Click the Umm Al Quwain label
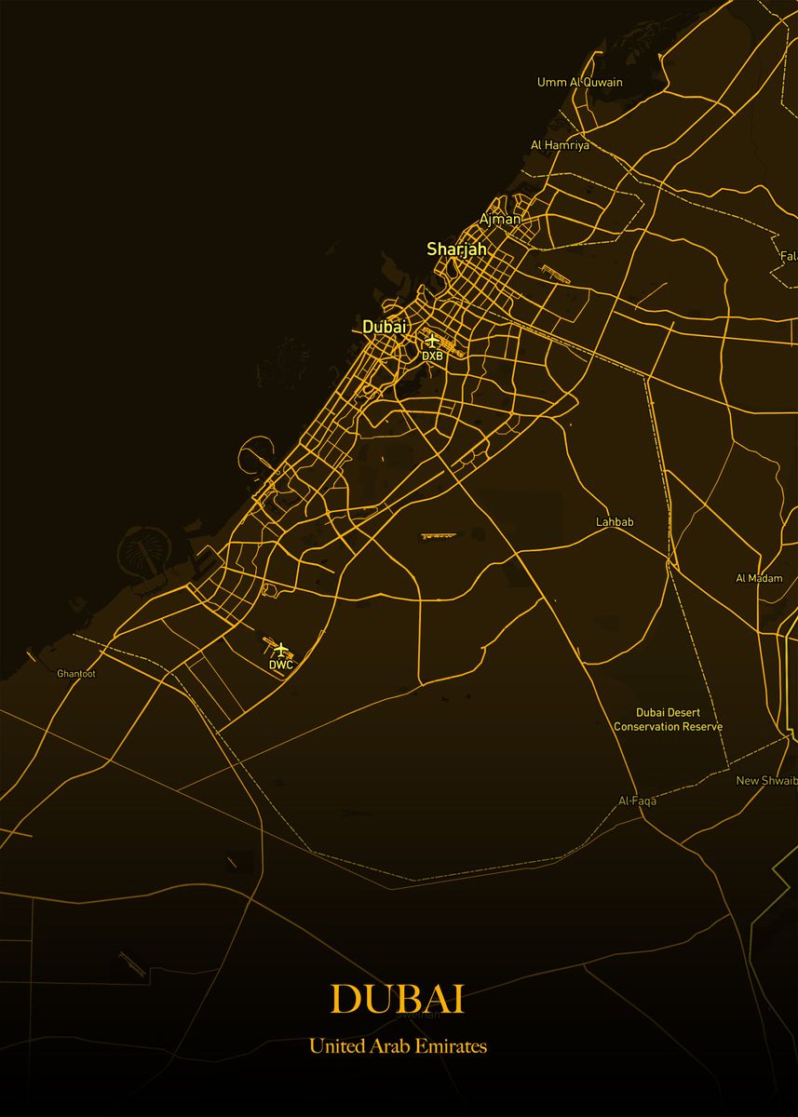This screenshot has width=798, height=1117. coord(579,82)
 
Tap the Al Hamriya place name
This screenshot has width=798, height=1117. coord(560,145)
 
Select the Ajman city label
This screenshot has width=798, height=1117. coord(499,219)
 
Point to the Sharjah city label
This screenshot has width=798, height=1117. coord(456,249)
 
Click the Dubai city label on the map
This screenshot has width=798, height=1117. coord(385,327)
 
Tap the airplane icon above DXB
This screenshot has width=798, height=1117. coord(431,341)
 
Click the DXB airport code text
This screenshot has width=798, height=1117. coord(432,356)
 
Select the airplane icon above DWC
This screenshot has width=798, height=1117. coord(282,650)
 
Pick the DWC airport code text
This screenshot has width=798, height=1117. coord(281,665)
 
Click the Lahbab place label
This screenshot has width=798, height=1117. coord(615,522)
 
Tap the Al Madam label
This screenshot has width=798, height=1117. coord(759,578)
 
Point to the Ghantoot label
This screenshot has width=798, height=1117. coord(76,673)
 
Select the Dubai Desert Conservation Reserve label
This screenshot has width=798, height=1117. coord(668,720)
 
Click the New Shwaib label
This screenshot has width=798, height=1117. coord(765,780)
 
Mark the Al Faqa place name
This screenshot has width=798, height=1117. coord(637,801)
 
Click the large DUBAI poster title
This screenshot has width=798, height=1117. coord(398,999)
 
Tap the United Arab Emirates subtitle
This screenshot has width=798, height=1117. coord(398,1046)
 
